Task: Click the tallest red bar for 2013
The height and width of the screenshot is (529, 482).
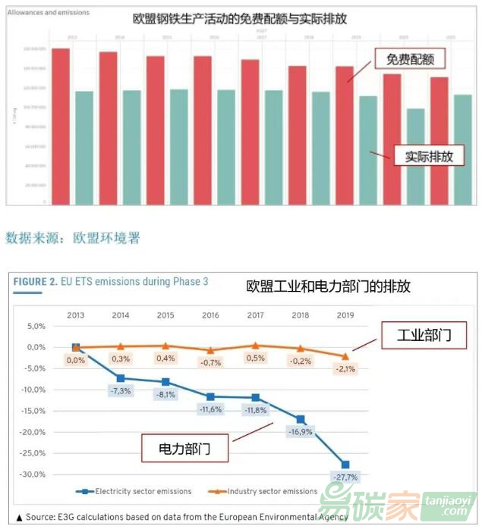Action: click(61, 125)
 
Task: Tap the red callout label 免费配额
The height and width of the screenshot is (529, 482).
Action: click(409, 58)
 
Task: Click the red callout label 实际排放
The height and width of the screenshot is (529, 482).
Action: click(429, 157)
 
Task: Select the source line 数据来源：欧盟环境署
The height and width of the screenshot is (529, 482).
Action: click(73, 238)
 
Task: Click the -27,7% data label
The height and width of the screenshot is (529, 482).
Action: click(345, 477)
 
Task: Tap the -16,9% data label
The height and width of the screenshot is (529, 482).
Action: click(300, 432)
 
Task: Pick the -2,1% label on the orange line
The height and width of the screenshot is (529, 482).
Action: click(346, 369)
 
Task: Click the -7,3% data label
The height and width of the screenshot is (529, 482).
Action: click(120, 390)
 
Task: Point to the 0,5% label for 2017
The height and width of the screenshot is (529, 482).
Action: click(255, 358)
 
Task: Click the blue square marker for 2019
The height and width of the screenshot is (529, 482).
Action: click(345, 465)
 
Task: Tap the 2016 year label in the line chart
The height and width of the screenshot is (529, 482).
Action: click(209, 315)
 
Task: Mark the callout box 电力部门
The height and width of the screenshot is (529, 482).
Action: click(184, 449)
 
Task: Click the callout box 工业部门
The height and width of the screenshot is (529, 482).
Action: click(424, 334)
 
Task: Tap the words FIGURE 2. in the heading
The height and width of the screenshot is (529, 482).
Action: click(35, 282)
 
